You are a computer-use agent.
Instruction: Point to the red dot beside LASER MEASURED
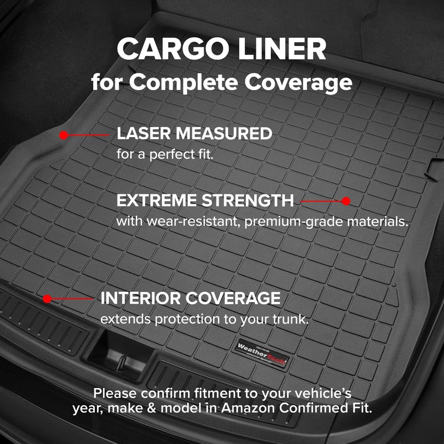click(64, 135)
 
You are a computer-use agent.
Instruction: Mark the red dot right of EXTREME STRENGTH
click(346, 201)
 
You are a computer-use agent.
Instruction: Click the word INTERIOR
click(141, 298)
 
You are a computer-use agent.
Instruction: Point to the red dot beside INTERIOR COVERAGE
click(47, 299)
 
